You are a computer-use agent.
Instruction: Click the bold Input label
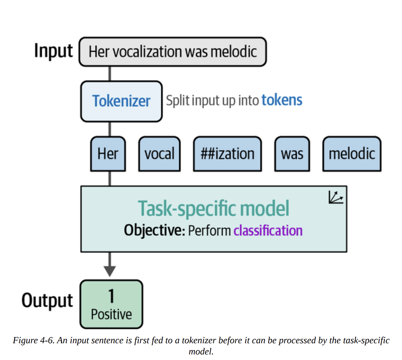coord(53,51)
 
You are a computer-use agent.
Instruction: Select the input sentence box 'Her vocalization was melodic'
coord(173,52)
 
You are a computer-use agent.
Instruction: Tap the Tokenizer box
coord(121,101)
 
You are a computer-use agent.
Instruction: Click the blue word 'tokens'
coord(282,100)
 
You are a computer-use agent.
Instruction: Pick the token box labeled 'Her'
coord(108,154)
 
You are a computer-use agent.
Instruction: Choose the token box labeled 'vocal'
coord(159,154)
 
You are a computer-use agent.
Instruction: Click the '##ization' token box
coord(227,154)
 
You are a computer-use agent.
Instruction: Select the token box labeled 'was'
coord(292,154)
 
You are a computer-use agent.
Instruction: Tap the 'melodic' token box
coord(352,154)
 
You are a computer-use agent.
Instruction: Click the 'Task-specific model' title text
coord(213,208)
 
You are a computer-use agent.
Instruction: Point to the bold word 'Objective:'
coord(154,231)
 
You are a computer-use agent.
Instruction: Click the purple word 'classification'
coord(268,231)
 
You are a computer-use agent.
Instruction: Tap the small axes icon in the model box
coord(335,197)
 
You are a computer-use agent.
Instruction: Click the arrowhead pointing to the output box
coord(110,270)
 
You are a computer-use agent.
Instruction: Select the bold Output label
coord(47,301)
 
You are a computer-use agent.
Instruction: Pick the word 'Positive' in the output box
coord(111,314)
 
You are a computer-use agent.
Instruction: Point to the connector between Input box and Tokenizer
coord(110,74)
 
